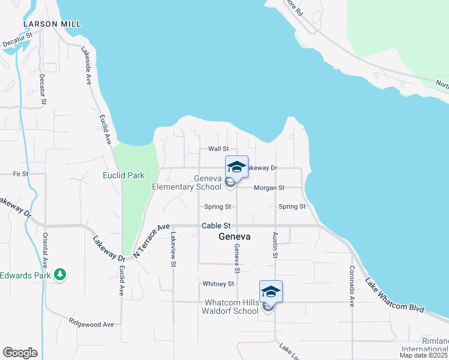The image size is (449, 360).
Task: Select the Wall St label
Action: [218, 149]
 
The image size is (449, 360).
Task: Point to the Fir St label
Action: [20, 174]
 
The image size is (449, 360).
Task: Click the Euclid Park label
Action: [124, 176]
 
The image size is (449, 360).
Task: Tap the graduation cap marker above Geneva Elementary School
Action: [237, 167]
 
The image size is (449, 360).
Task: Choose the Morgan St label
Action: [269, 188]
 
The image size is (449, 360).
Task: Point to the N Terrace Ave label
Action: [152, 241]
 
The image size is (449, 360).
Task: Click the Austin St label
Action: [275, 245]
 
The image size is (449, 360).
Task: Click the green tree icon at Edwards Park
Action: [59, 275]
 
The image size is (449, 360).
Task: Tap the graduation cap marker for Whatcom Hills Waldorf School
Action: [271, 292]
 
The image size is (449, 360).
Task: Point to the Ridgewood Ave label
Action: [91, 324]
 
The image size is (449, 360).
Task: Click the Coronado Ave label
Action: [352, 287]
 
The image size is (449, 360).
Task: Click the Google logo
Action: [20, 353]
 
